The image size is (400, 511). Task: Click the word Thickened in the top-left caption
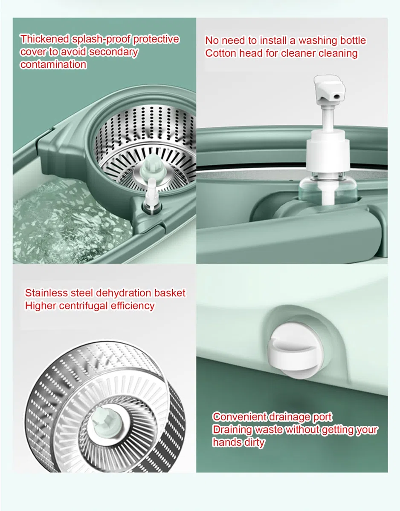click(45, 39)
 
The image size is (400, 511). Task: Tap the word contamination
click(53, 64)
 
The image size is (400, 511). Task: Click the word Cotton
click(221, 53)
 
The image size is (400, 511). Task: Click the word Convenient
click(240, 417)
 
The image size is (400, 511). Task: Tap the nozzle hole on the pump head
click(336, 96)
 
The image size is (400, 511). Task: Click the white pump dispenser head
click(329, 90)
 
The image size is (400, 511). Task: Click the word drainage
click(290, 417)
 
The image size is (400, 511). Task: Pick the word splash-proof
click(101, 39)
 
